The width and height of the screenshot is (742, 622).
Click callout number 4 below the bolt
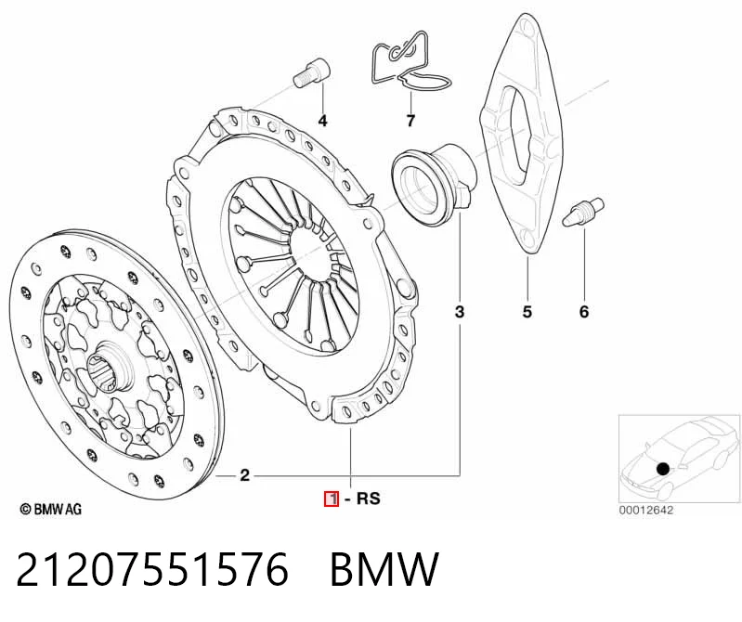tap(322, 121)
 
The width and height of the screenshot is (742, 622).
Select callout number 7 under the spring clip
tap(410, 121)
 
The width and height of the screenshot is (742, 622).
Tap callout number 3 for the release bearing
tap(460, 312)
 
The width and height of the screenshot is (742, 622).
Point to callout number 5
tap(527, 312)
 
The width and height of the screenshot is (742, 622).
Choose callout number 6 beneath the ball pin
tap(584, 312)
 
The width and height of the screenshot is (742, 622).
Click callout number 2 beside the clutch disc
tap(244, 475)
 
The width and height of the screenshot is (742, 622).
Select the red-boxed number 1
tap(332, 499)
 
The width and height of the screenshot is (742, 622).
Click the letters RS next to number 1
tap(368, 499)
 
